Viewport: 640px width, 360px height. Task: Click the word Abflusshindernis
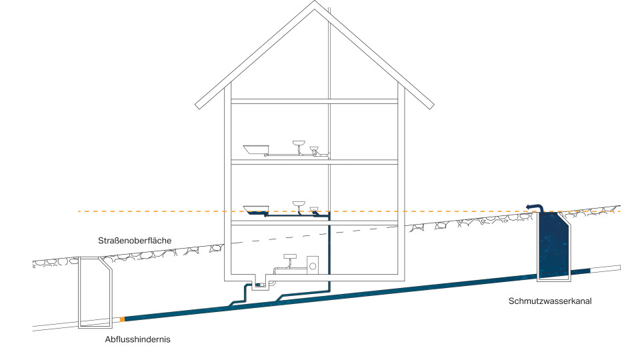(x=138, y=339)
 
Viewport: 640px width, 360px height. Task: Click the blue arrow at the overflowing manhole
(x=531, y=207)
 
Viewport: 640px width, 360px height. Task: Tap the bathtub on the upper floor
(x=255, y=149)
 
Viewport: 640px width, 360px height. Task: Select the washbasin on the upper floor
(x=299, y=143)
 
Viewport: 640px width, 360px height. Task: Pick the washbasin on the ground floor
(x=299, y=202)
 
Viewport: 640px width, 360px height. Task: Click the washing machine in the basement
(x=311, y=265)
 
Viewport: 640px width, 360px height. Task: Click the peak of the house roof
(x=315, y=1)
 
